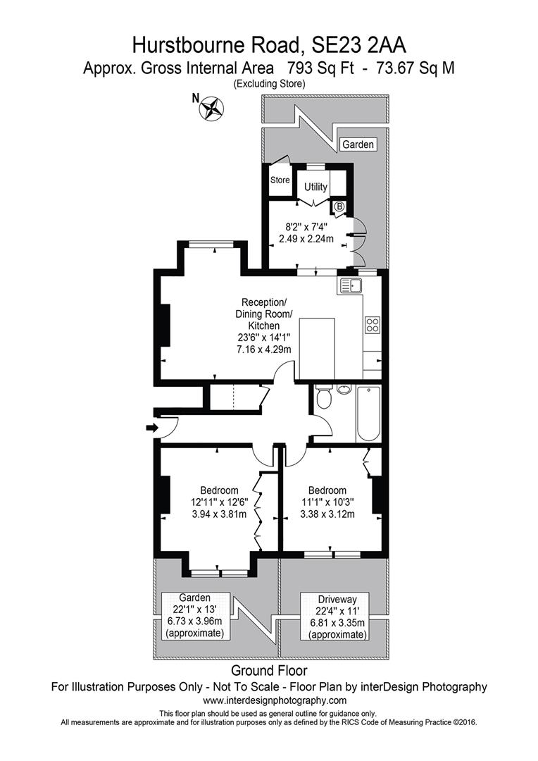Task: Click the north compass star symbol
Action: tap(211, 108)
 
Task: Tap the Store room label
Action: tap(280, 180)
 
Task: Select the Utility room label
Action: tap(315, 187)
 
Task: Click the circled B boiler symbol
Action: tap(339, 207)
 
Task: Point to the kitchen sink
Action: tap(350, 285)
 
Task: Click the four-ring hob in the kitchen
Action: tap(373, 325)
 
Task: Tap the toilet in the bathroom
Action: tap(323, 399)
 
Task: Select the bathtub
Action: tap(368, 413)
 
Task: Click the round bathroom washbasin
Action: tap(344, 390)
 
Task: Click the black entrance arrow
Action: tap(150, 427)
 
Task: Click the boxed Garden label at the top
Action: tap(358, 144)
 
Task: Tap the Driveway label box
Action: tap(334, 616)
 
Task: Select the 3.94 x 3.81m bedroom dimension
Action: tap(219, 514)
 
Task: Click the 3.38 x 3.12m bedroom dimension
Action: tap(327, 514)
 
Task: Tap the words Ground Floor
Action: tap(269, 670)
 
